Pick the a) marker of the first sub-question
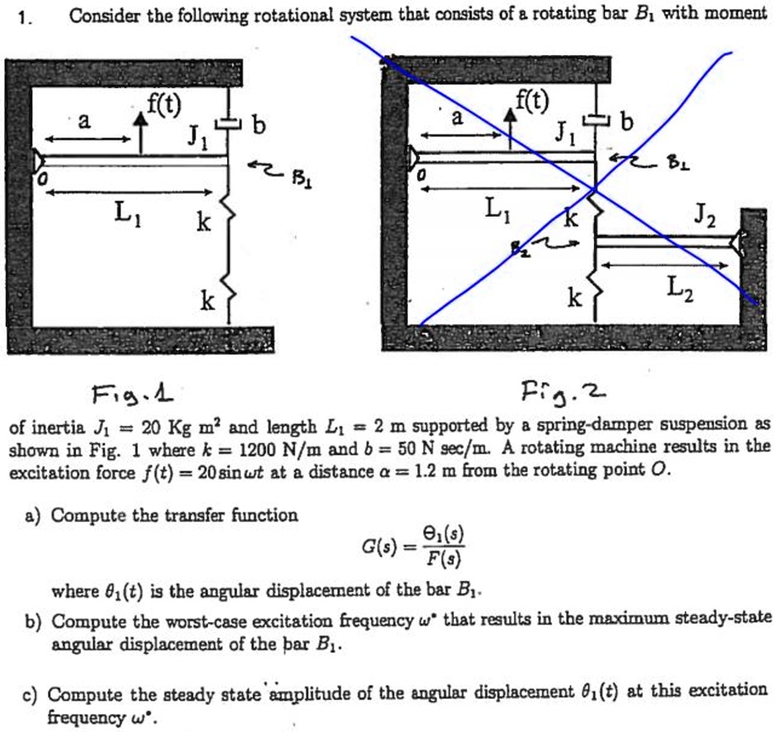34,515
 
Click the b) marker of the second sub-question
34,620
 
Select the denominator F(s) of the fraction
446,563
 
